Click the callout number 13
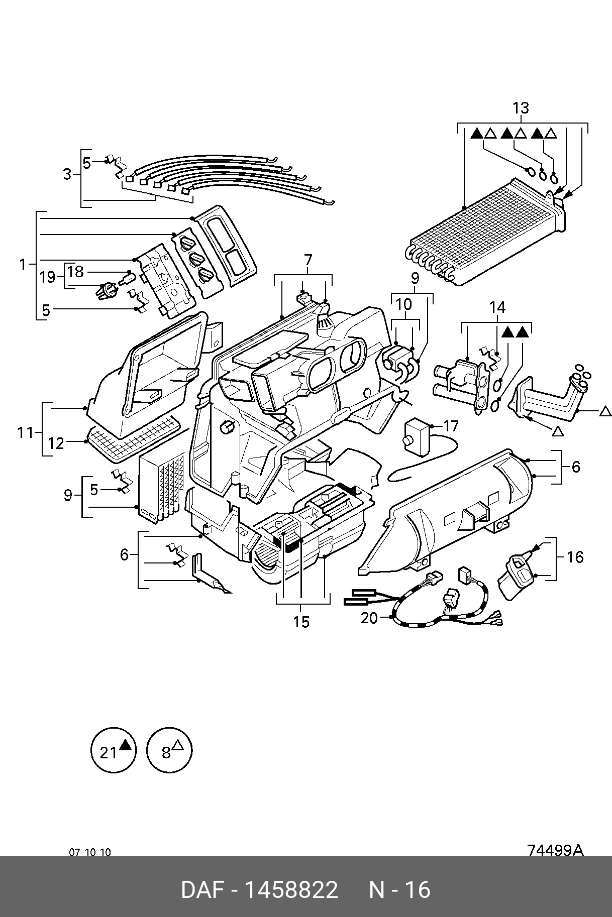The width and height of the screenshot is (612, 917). [521, 108]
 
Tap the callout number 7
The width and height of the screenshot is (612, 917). [308, 260]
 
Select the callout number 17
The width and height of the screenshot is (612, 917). [451, 426]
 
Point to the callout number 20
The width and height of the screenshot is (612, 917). [369, 618]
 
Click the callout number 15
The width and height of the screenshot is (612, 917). [301, 622]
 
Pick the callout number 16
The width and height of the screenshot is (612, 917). [575, 557]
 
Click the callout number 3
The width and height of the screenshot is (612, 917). [67, 174]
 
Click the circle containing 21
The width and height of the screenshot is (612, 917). [114, 751]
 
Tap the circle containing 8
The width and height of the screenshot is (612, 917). [169, 751]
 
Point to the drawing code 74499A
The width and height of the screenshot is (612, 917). [555, 850]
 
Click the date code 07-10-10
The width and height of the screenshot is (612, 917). [90, 852]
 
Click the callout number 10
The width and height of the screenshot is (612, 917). [403, 304]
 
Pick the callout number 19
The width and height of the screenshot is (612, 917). [48, 277]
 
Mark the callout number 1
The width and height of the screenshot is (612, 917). [22, 264]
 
